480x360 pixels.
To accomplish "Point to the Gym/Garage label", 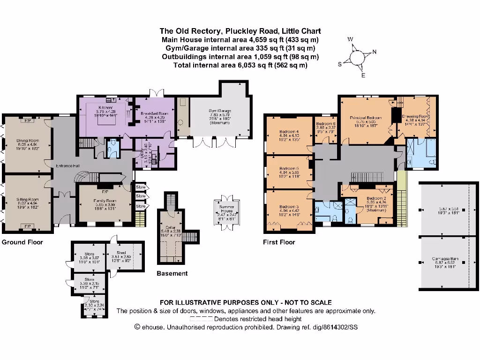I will point(220,111).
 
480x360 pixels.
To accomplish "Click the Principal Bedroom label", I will point(366,118).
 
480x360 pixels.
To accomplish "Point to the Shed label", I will point(121,253).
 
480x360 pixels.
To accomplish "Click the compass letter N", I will point(374,52).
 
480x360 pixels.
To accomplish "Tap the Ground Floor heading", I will point(22,242).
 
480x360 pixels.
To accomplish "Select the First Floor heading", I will point(280,242).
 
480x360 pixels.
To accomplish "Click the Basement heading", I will point(172,273).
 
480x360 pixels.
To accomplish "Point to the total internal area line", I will point(240,65).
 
